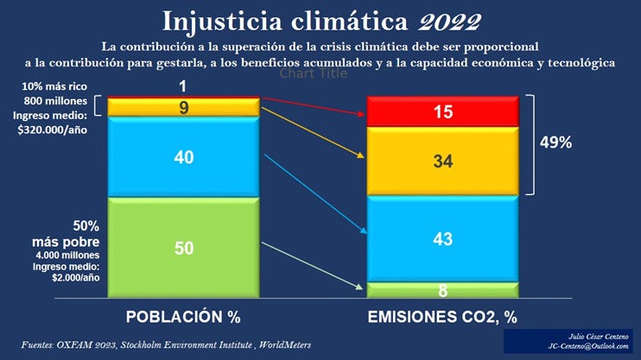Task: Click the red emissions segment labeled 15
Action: click(x=443, y=111)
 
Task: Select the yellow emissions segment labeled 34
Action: click(x=443, y=161)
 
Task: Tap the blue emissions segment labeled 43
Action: click(x=443, y=238)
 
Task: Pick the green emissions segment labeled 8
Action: click(x=443, y=290)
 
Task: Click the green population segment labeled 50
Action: click(x=184, y=248)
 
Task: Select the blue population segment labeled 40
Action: click(x=184, y=157)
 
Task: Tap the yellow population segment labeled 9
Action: click(x=184, y=107)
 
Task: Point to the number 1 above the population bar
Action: click(x=184, y=86)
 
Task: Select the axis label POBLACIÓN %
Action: click(x=183, y=316)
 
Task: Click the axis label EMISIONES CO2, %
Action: click(x=442, y=316)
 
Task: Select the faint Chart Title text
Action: click(x=313, y=74)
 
